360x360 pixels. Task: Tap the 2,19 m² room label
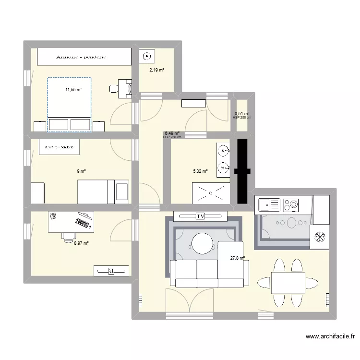(156, 70)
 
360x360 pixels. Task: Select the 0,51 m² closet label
(242, 114)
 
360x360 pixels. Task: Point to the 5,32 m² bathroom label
(200, 171)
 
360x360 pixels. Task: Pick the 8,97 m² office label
(81, 243)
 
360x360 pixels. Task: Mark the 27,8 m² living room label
(237, 258)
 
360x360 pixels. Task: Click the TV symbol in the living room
(201, 216)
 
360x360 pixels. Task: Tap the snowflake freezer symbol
(319, 237)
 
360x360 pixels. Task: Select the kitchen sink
(269, 205)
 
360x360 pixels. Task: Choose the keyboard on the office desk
(82, 222)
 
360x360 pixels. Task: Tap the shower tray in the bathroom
(211, 193)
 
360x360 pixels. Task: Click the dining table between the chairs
(288, 283)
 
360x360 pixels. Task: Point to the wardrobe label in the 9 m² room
(60, 147)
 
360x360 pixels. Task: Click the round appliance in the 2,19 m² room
(146, 57)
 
